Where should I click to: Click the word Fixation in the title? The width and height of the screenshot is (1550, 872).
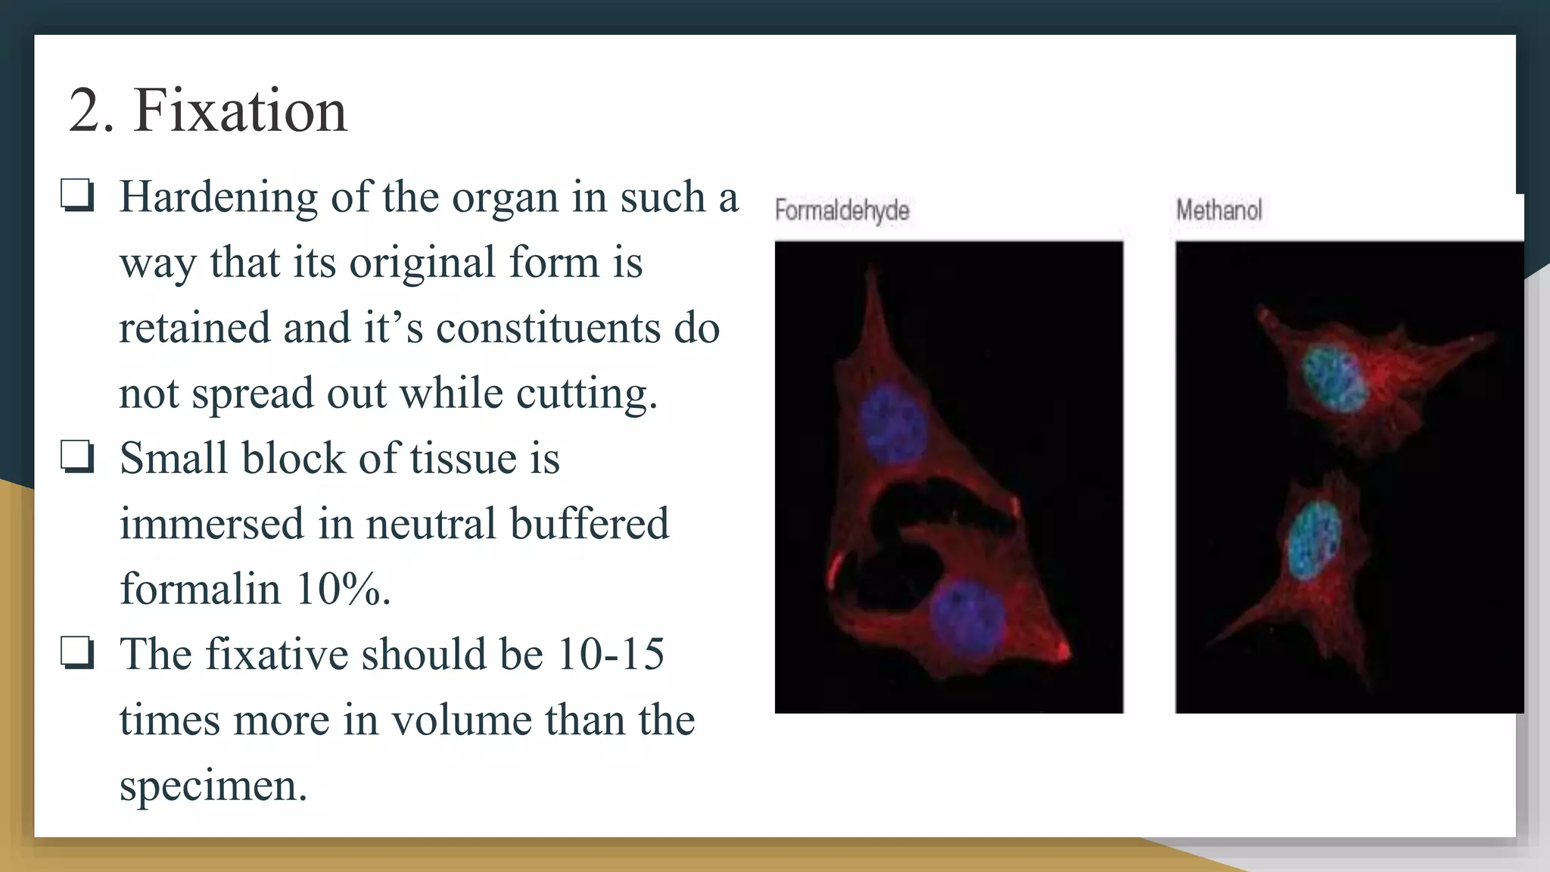240,111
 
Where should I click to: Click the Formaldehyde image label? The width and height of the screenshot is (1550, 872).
842,210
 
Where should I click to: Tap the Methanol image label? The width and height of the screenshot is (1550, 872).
1219,210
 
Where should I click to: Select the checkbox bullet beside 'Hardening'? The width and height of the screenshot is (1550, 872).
77,195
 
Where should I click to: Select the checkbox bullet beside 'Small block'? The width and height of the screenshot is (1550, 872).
77,457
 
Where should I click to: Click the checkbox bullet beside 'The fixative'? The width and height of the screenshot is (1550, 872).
77,653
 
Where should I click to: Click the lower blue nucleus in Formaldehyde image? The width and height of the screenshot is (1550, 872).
966,617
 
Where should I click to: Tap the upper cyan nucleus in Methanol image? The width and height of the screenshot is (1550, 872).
1334,379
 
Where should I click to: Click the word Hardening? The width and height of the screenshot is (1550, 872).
218,197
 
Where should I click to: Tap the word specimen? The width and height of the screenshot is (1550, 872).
213,785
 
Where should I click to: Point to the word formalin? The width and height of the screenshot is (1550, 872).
200,589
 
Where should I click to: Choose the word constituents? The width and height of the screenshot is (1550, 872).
548,329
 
